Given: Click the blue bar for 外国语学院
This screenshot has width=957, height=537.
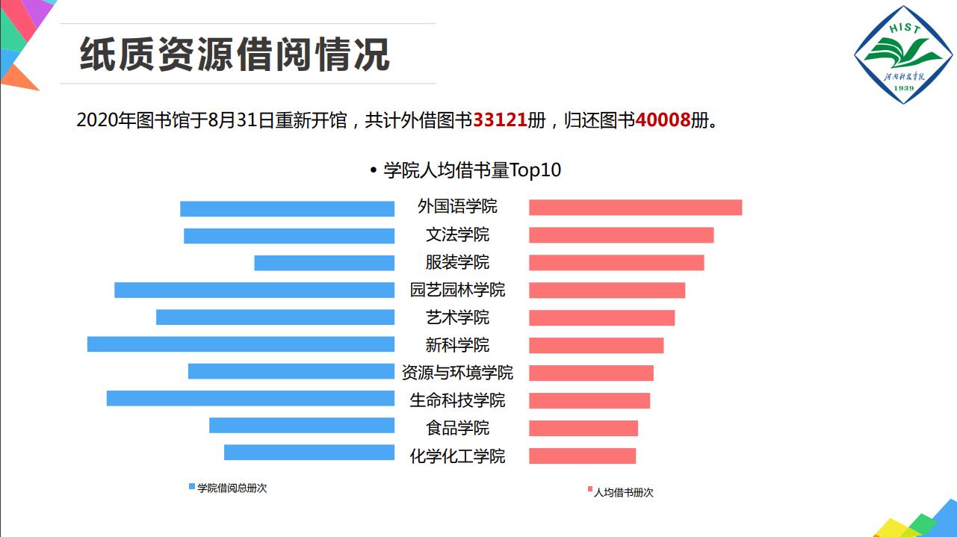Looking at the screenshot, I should point(287,209).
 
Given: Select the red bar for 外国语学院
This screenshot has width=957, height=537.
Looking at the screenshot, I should point(635,208).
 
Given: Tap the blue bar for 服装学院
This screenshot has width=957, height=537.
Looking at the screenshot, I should point(324,263).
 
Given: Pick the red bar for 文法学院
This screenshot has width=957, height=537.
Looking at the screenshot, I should point(621,235).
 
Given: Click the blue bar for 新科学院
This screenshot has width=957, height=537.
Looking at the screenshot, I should point(241,344).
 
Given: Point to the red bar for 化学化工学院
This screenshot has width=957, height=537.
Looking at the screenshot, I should point(582,456).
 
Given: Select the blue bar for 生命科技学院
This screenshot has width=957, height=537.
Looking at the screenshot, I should point(250,398).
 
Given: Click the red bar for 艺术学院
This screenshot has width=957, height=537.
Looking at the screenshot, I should point(601,317).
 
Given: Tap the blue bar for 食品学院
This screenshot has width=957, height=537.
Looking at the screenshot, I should point(302,426).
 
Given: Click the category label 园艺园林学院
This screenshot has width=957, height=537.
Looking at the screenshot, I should point(457,290).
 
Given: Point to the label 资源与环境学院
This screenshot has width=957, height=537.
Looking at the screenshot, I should point(457,373).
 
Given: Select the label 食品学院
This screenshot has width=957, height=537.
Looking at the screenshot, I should point(457,428).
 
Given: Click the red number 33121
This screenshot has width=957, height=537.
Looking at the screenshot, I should point(500,119).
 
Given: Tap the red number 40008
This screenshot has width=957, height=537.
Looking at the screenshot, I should point(662,119).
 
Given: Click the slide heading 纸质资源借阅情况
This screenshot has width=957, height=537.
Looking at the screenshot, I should point(235,55).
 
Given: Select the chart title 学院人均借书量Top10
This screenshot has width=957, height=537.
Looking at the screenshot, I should point(471,170).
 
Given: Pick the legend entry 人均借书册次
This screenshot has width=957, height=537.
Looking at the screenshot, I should point(623,492).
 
